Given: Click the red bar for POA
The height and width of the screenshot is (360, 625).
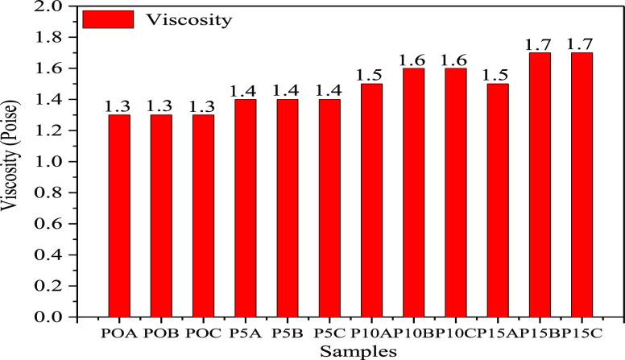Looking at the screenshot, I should [119, 216].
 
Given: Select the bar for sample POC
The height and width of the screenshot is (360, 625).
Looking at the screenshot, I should [203, 216].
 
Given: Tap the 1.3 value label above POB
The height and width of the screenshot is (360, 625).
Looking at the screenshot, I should [161, 106].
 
